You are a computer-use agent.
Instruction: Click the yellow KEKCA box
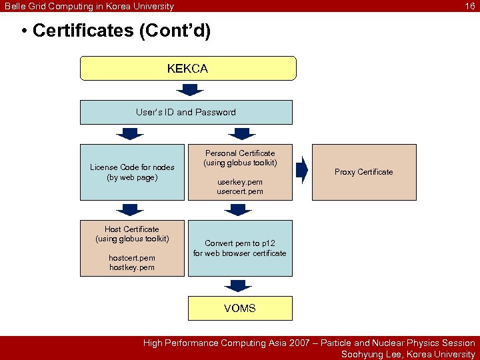pos(188,69)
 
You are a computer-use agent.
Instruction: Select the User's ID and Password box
pos(186,112)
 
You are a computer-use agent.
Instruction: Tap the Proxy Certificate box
pos(363,172)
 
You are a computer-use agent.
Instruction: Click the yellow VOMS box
pos(240,308)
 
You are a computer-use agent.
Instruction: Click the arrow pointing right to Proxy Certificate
pos(302,171)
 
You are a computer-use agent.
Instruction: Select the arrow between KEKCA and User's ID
pos(188,88)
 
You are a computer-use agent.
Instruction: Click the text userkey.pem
pos(240,181)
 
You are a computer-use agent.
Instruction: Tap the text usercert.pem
pos(240,191)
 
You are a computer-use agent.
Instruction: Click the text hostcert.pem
pos(132,258)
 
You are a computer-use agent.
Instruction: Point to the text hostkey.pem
pos(132,267)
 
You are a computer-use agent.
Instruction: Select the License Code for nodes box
pos(132,172)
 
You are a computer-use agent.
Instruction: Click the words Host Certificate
pos(132,229)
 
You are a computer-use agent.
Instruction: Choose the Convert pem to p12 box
pos(240,248)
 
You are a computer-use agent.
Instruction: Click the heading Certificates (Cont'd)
pos(121,31)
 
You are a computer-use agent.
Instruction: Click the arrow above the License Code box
pos(131,133)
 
